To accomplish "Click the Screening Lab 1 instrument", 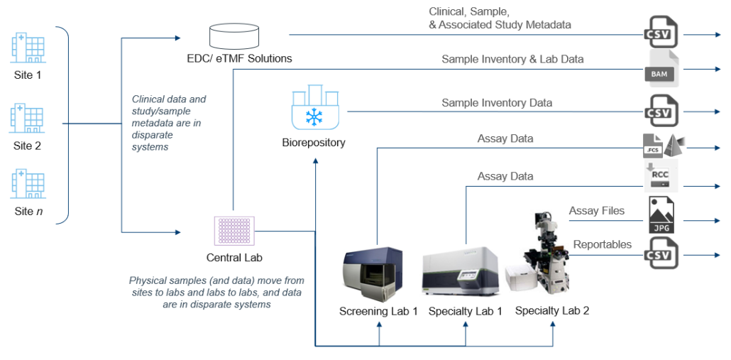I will click(x=378, y=271).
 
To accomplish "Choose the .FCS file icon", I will click(x=654, y=145).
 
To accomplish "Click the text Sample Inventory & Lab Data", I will click(x=512, y=59).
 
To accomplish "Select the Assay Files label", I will click(x=596, y=210).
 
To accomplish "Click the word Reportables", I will click(x=602, y=244).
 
